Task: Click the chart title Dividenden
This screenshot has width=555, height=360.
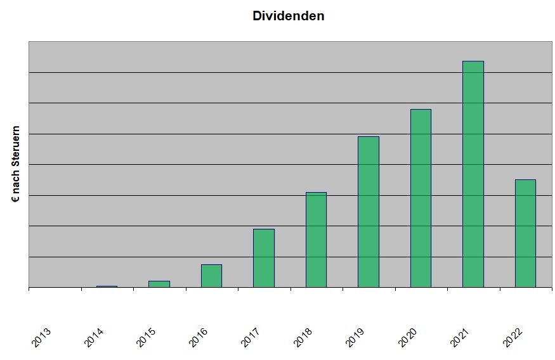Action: tap(289, 16)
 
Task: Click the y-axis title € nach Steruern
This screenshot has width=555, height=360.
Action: tap(16, 164)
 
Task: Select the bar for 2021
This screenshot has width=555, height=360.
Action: tap(473, 174)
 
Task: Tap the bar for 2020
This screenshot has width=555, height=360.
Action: tap(421, 198)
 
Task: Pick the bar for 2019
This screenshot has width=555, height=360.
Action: tap(369, 212)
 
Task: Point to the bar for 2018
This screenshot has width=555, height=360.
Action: tap(316, 240)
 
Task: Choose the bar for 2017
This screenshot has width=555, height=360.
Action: tap(264, 258)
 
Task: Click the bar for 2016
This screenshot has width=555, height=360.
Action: tap(212, 276)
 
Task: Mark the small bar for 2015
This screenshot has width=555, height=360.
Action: tap(159, 284)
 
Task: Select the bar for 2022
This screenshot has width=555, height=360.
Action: tap(526, 233)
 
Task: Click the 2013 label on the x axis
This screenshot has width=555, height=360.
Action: tap(41, 337)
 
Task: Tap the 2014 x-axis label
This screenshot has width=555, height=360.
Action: tap(94, 337)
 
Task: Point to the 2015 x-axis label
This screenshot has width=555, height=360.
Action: tap(146, 337)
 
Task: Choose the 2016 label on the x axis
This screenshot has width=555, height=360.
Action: tap(198, 337)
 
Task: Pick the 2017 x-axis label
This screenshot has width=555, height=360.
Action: tap(251, 337)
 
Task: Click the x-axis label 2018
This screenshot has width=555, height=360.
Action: tap(303, 337)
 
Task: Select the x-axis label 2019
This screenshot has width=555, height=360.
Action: tap(355, 337)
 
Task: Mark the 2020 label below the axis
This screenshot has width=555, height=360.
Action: tap(407, 337)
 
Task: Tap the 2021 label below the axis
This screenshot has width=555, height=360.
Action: tap(460, 337)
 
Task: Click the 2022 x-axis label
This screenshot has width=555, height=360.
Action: tap(513, 337)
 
